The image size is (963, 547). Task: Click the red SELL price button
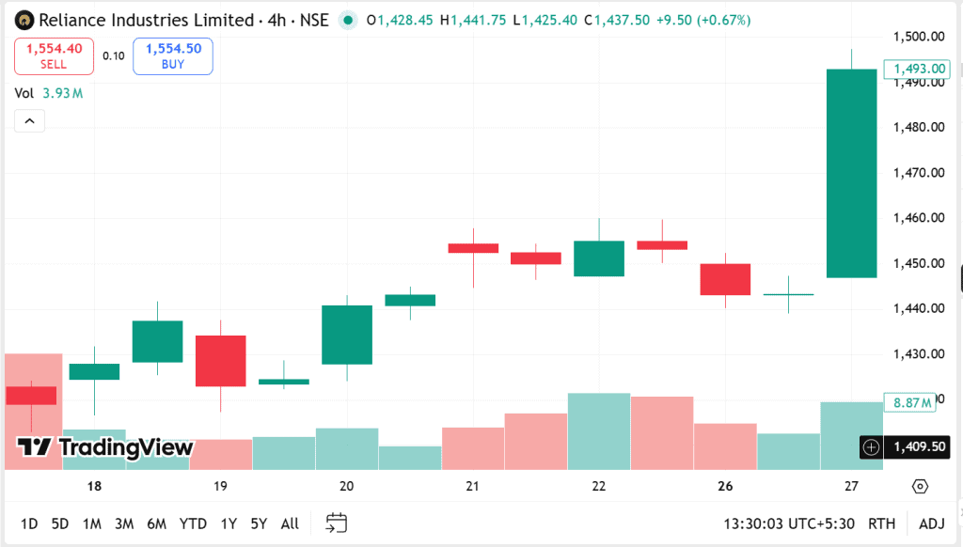[x=54, y=56]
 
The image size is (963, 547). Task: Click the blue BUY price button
[x=173, y=56]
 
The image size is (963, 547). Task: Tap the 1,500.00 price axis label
[x=918, y=37]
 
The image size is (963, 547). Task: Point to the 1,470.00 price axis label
[x=918, y=173]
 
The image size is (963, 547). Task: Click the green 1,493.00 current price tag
[x=917, y=69]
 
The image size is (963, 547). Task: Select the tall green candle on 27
[x=851, y=173]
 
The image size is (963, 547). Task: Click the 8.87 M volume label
[x=911, y=402]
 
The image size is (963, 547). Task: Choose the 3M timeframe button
[x=123, y=524]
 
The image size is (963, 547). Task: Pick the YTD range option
[x=193, y=524]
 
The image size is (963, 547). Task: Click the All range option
[x=290, y=524]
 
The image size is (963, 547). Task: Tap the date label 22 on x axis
[x=599, y=487]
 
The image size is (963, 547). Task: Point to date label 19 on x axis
[x=220, y=487]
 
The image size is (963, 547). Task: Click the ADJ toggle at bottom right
[x=931, y=524]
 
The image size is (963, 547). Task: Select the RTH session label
[x=881, y=524]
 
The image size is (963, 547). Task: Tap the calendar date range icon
[x=336, y=523]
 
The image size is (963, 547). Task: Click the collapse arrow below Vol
[x=29, y=121]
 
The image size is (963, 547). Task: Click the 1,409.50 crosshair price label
[x=918, y=447]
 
